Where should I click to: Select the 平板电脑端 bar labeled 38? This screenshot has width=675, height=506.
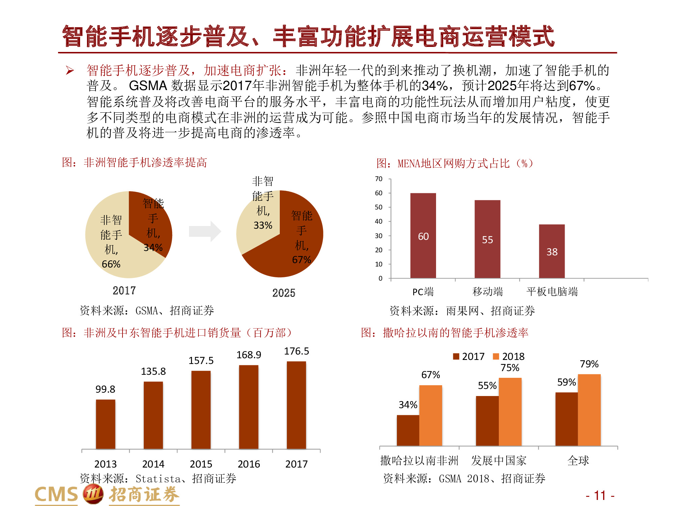(x=551, y=251)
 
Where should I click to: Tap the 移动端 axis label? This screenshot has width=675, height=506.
(x=487, y=291)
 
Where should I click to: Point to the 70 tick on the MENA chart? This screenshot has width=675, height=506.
(x=379, y=179)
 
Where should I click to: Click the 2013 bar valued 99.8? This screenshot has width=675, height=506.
(x=105, y=424)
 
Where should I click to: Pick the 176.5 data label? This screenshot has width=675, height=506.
(x=296, y=351)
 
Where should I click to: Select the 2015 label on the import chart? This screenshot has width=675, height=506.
(x=201, y=464)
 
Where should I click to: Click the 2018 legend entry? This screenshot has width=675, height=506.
(x=509, y=357)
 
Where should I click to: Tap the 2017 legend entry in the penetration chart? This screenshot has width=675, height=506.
(x=469, y=357)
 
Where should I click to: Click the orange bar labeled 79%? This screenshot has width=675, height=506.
(x=589, y=410)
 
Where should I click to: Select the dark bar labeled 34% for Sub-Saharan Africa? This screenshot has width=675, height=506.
(x=408, y=430)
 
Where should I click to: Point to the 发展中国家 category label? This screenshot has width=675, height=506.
(x=498, y=460)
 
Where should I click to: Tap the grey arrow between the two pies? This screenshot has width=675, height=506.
(x=205, y=231)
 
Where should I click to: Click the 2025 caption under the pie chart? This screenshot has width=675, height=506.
(x=283, y=293)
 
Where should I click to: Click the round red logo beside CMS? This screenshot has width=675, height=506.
(x=93, y=494)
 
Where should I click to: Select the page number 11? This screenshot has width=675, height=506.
(x=600, y=496)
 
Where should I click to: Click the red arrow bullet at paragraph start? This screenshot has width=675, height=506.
(x=70, y=71)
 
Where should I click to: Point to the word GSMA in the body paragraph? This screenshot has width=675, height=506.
(x=148, y=86)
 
